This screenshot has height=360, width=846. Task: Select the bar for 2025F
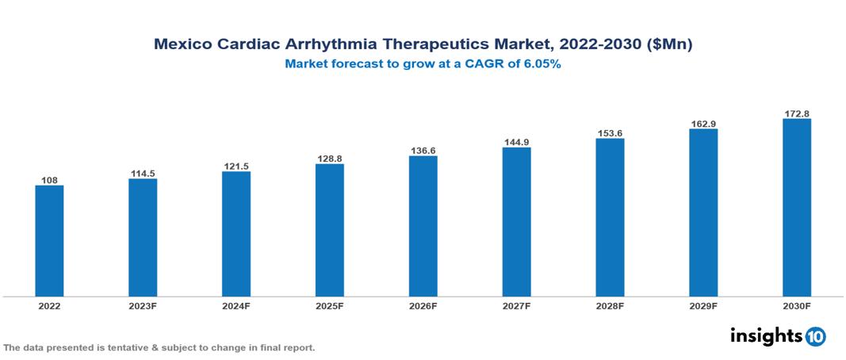tap(329, 230)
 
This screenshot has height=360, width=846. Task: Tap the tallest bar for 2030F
tap(796, 208)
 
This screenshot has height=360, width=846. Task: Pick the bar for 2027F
tap(516, 222)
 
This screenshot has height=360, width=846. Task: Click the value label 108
tap(49, 180)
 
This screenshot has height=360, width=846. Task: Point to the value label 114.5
tap(143, 173)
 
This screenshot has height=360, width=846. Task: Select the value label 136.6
tap(423, 150)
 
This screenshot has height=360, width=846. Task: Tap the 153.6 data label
tap(610, 132)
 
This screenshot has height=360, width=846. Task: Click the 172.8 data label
tap(796, 113)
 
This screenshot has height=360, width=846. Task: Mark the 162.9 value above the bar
tap(703, 123)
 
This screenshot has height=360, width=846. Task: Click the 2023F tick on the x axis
tap(143, 305)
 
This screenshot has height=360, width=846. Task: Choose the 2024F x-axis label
tap(236, 305)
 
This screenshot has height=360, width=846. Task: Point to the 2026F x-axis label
tap(423, 305)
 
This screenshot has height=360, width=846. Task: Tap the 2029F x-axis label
tap(703, 305)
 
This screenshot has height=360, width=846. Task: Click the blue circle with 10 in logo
tap(815, 336)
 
